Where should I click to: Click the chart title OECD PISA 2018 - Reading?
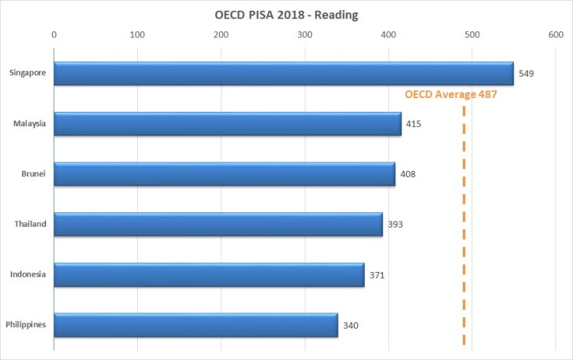(286, 15)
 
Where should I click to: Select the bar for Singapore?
(283, 74)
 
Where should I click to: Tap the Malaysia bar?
(227, 123)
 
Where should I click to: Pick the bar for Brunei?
(224, 174)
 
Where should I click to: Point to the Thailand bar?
(218, 224)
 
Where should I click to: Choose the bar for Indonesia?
(208, 274)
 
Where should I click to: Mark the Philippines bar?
(195, 325)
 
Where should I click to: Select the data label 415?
(414, 123)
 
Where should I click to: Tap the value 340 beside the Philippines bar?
(351, 326)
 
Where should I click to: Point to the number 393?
(395, 224)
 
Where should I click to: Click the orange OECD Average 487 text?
(451, 95)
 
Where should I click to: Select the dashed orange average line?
(464, 230)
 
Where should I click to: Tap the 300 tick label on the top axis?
(305, 34)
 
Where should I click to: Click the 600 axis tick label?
(555, 34)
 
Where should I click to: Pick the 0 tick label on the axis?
(54, 34)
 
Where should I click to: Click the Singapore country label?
(28, 74)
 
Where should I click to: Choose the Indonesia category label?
(29, 274)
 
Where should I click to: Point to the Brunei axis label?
(34, 174)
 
